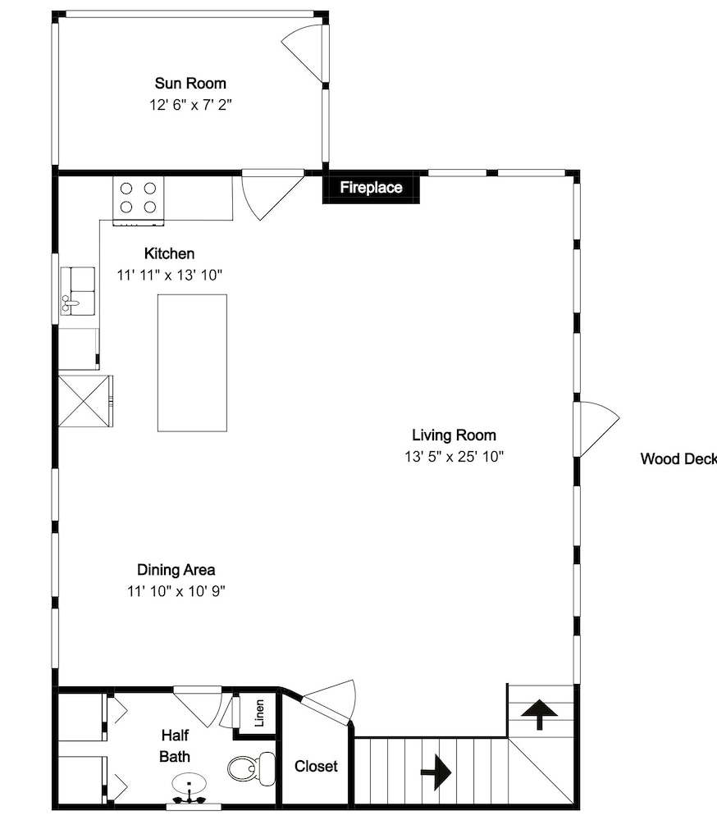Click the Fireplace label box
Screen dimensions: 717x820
click(x=371, y=187)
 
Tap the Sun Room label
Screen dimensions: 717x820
click(x=190, y=83)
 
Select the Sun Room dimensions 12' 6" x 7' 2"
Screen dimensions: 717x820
click(x=190, y=105)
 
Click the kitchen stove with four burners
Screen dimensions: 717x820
click(x=138, y=201)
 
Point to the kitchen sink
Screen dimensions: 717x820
click(x=78, y=291)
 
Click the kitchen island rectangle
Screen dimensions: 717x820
click(x=192, y=363)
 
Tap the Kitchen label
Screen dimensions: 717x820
click(x=169, y=253)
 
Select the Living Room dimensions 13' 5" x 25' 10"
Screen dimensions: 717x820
click(x=454, y=457)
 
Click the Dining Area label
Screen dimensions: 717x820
click(x=176, y=570)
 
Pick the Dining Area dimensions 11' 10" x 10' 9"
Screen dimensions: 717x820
click(x=176, y=591)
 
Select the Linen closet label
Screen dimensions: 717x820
click(x=259, y=713)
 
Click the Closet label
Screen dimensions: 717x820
click(x=316, y=766)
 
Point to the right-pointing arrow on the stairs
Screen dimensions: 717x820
click(x=436, y=772)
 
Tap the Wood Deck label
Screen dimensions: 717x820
click(x=678, y=458)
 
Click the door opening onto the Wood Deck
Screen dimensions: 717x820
click(x=596, y=429)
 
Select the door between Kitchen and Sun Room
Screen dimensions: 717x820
click(x=272, y=194)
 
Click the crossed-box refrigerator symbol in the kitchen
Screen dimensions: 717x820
click(x=84, y=401)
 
